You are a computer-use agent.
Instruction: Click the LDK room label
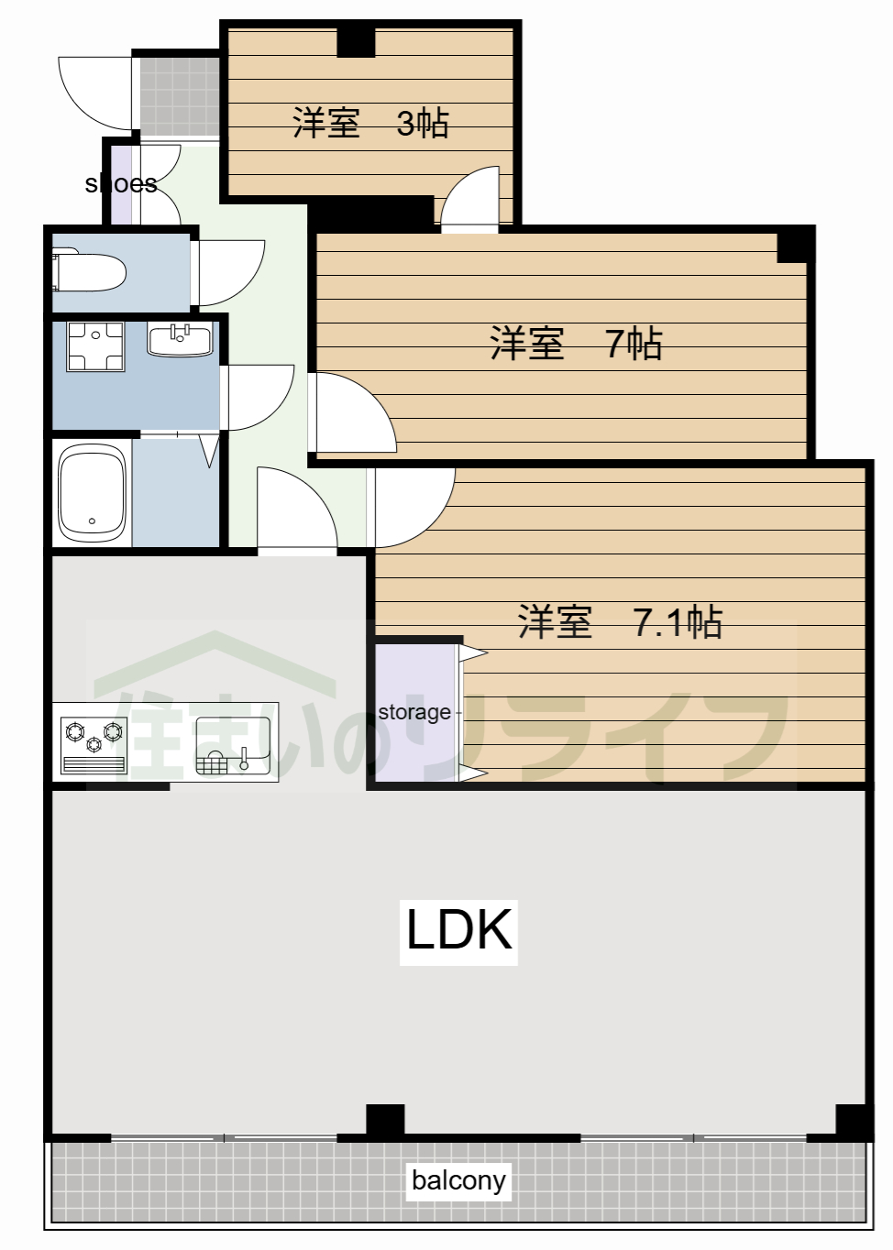pos(458,931)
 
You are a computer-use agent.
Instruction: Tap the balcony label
pos(458,1180)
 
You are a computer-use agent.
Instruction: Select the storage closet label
pos(414,712)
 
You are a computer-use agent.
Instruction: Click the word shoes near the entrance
pos(121,184)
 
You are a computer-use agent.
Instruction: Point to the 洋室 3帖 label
pos(370,123)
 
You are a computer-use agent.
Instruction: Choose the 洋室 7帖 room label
pos(575,344)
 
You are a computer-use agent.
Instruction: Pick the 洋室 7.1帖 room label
pos(620,622)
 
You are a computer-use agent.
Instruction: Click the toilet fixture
pos(90,272)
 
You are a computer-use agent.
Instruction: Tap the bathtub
pos(92,493)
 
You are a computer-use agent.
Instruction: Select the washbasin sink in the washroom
pos(180,340)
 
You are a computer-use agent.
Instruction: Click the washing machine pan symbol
pos(95,346)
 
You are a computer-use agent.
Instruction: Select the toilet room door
pos(229,271)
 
